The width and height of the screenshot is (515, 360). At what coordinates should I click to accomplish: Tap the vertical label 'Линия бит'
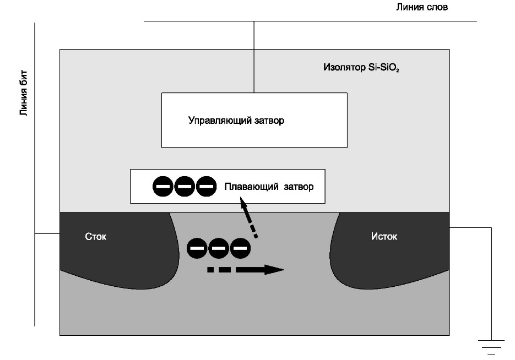point(24,94)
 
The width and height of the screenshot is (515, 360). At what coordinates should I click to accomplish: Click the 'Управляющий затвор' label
point(236,121)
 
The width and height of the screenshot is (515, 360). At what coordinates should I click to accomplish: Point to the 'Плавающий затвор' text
point(269,187)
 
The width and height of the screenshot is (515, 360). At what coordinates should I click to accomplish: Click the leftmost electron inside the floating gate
point(164,187)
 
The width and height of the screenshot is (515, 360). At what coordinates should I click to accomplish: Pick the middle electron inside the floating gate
point(185,187)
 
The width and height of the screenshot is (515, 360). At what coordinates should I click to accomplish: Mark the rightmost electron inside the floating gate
point(205,187)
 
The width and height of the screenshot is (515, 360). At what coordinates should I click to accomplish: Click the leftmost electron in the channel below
point(198,248)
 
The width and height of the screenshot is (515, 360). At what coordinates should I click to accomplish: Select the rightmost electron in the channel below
point(240,248)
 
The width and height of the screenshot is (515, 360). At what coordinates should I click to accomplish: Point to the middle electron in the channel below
point(219,248)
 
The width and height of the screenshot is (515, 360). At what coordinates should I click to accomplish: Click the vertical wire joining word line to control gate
point(253,57)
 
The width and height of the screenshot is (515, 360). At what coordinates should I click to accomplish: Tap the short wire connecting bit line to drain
point(47,233)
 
